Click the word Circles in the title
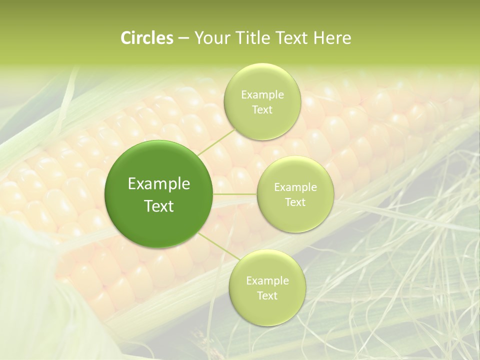[146, 38]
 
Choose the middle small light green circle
[295, 220]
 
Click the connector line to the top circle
[216, 140]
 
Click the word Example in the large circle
[158, 184]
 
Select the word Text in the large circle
[158, 206]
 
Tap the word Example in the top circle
[262, 95]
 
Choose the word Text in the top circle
[262, 110]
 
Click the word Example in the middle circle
[295, 187]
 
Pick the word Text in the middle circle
[295, 202]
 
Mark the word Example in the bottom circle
[267, 281]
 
